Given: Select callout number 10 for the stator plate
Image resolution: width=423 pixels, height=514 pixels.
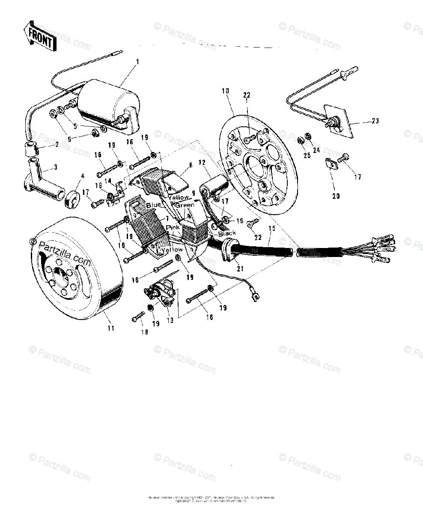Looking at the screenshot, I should (226, 91).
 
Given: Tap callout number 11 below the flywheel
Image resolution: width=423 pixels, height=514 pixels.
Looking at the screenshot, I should (111, 329).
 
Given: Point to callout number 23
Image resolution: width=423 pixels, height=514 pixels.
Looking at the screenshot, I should (375, 121).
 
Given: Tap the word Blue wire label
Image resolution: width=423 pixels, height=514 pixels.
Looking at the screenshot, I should (154, 205).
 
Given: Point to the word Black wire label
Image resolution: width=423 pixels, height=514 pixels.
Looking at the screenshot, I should (227, 233).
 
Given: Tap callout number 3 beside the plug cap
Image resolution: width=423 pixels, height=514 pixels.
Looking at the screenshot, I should (55, 167).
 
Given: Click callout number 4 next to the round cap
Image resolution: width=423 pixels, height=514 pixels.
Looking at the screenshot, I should (83, 176).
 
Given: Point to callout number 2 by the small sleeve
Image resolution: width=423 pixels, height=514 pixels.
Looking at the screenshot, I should (57, 145).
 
